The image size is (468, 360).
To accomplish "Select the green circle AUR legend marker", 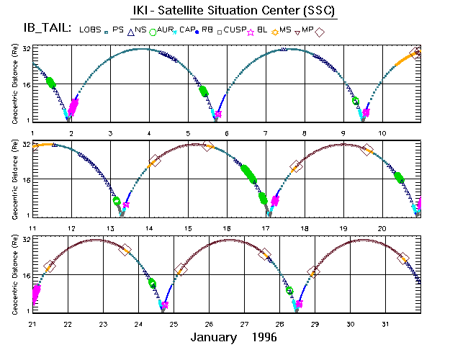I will pyautogui.click(x=153, y=31).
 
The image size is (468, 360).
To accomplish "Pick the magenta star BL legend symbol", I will pyautogui.click(x=251, y=32).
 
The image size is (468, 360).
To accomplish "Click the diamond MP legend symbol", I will pyautogui.click(x=320, y=32).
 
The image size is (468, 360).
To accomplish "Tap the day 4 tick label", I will pyautogui.click(x=149, y=133).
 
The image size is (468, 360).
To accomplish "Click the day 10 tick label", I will pyautogui.click(x=382, y=133).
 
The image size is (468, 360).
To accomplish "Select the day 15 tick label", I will pyautogui.click(x=188, y=228).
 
